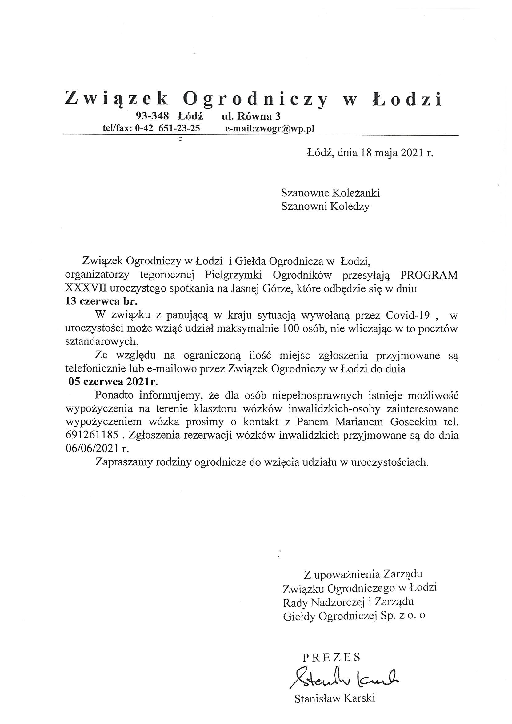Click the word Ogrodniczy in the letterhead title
click(x=256, y=100)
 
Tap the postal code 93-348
click(x=152, y=116)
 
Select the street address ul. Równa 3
click(x=251, y=116)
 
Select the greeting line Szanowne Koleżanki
click(x=330, y=193)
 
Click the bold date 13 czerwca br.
click(x=101, y=302)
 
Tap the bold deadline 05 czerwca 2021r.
click(x=113, y=382)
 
